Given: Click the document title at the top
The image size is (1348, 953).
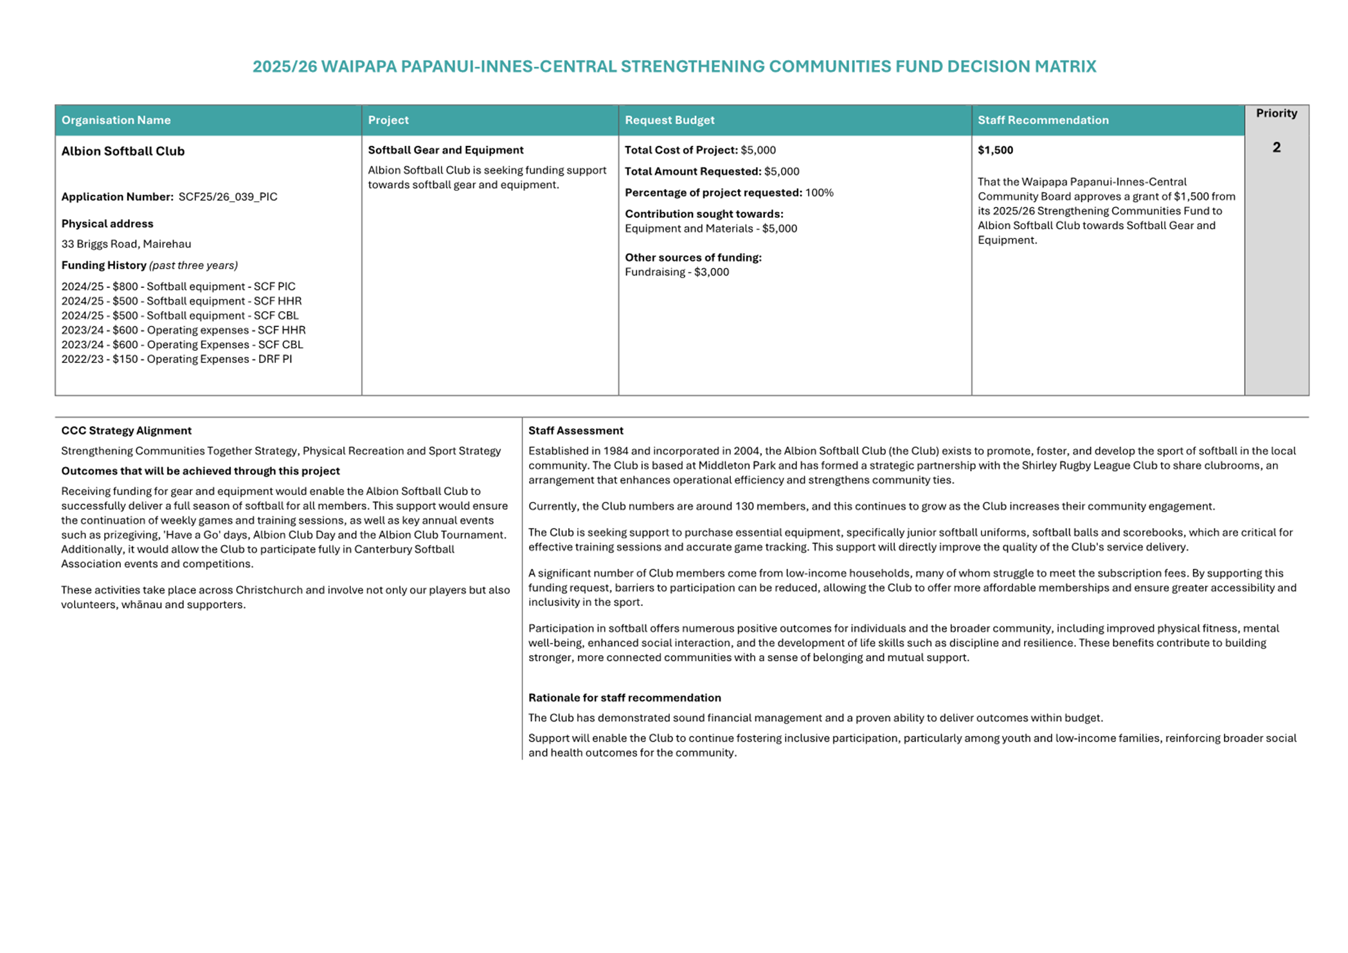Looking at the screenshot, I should click(x=674, y=67).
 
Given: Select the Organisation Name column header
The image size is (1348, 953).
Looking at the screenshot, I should click(x=116, y=120).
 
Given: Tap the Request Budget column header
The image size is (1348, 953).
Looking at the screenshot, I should click(x=669, y=120).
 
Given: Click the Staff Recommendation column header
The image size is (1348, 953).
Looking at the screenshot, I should click(x=1043, y=120).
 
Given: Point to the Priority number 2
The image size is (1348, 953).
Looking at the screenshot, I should click(x=1276, y=148).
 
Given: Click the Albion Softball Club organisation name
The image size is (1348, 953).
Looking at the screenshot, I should click(x=123, y=151).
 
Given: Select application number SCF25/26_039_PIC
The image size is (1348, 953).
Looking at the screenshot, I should click(x=228, y=197).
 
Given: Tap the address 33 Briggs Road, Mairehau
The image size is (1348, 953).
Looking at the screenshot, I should click(x=126, y=244).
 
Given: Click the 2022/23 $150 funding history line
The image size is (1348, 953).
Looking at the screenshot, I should click(x=176, y=359).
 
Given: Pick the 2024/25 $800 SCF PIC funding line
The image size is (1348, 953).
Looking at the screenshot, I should click(x=178, y=287).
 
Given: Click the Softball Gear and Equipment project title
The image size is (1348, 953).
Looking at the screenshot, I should click(x=445, y=150).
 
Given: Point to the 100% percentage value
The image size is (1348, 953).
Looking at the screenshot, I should click(x=819, y=193).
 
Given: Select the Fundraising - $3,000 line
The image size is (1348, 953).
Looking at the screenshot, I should click(x=677, y=272).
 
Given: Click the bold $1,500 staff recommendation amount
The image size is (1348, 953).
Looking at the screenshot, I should click(x=995, y=150).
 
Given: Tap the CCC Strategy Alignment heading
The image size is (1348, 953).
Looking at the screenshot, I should click(x=126, y=431).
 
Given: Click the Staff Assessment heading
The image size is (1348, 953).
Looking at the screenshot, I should click(x=575, y=431).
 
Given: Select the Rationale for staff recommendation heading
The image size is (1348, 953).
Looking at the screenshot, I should click(x=624, y=698).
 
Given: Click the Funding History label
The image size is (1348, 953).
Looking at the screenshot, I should click(x=103, y=265).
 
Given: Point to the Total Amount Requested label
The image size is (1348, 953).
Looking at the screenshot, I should click(x=692, y=172).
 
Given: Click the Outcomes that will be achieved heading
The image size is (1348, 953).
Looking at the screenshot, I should click(x=200, y=471).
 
